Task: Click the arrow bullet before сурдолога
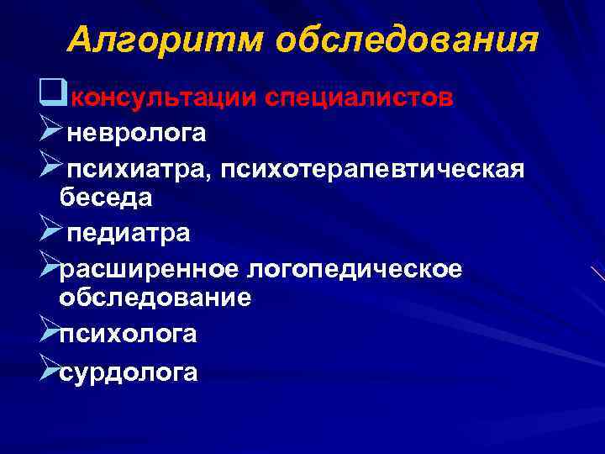49,370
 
